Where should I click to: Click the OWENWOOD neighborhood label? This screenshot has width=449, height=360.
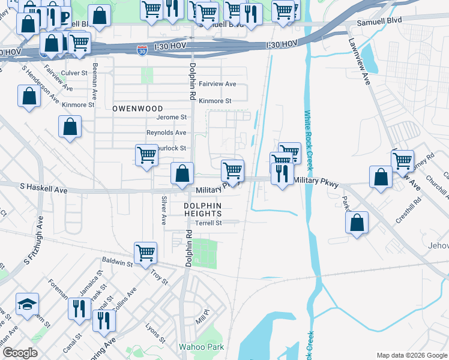[130, 109]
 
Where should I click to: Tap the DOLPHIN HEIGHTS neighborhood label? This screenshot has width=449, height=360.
[202, 210]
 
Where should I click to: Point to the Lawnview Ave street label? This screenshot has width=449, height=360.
[358, 62]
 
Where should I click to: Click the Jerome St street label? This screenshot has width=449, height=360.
[172, 117]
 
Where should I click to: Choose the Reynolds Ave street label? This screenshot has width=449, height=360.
[166, 133]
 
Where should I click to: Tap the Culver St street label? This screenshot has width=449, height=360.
[74, 73]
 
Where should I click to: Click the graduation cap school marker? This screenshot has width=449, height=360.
[27, 305]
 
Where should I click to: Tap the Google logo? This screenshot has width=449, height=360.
[20, 353]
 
